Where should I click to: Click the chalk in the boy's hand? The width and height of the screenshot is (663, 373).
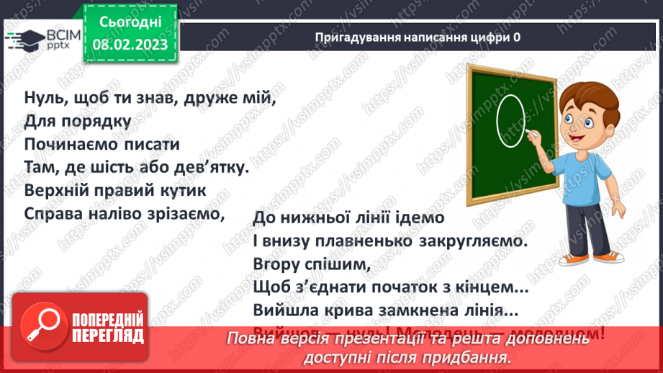coord(533,134)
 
